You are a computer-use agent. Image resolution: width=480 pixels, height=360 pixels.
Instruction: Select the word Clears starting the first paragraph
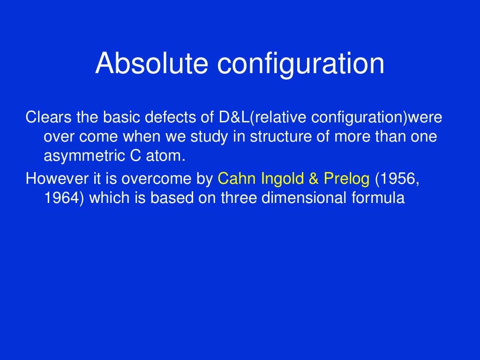[x=43, y=118]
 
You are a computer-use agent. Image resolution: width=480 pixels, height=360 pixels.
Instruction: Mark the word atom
[x=166, y=156]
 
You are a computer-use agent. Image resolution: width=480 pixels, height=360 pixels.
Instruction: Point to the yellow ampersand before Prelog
[x=314, y=179]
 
